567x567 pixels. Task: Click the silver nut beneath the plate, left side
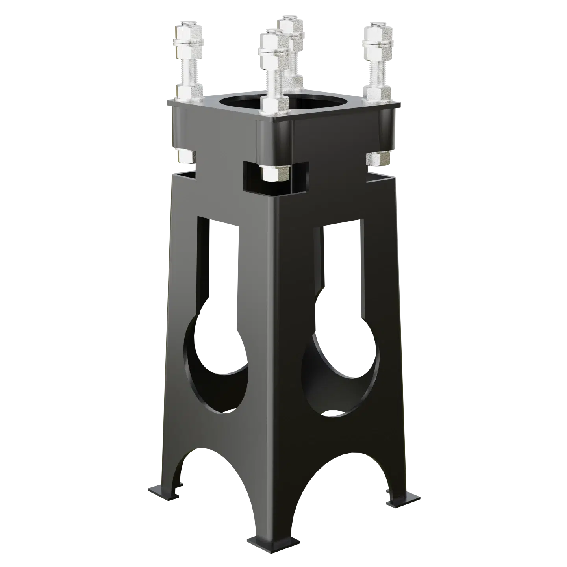(x=185, y=156)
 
